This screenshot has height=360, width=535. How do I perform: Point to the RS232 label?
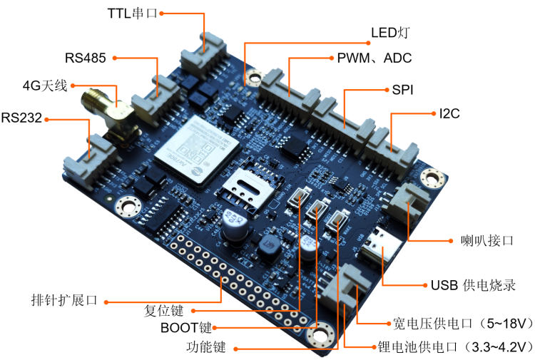pos(21,118)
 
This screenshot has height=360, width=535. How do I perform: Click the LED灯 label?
pos(389,34)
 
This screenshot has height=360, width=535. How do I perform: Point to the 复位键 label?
pos(164,312)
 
